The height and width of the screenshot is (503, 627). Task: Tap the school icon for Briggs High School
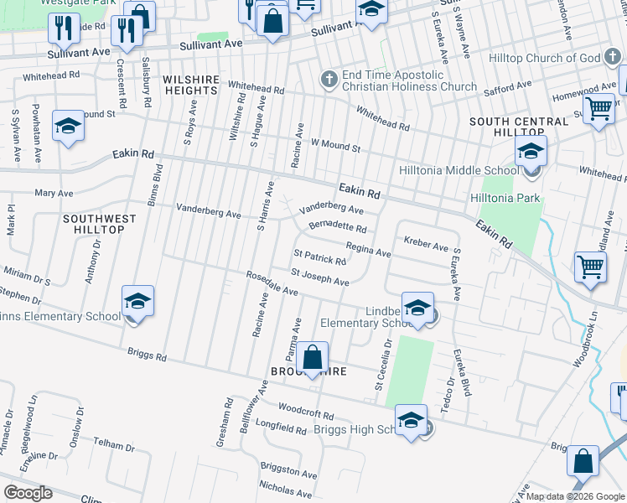tap(411, 421)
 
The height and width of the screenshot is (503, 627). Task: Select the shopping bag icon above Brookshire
tap(312, 358)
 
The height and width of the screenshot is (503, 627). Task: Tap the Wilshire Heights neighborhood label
tap(190, 84)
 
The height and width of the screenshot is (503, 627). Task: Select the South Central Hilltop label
tap(519, 127)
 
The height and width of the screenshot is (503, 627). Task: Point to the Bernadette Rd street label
tap(337, 226)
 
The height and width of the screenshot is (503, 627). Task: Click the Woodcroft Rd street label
tap(305, 412)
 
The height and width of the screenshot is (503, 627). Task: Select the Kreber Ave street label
tap(426, 244)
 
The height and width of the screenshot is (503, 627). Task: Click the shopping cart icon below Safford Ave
tap(598, 109)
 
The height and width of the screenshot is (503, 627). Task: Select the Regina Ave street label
tap(369, 250)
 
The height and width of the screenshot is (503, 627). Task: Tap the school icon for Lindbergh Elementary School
tap(417, 308)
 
